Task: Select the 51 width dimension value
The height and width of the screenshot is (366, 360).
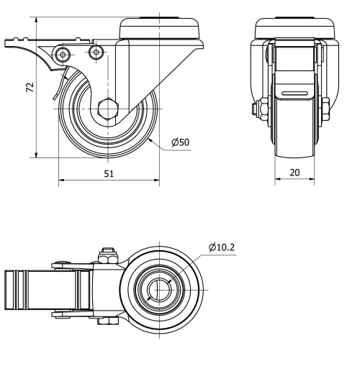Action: coord(107,173)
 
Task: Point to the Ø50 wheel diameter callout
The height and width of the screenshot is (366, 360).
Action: coord(180,142)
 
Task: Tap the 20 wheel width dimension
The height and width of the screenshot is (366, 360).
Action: coord(295,173)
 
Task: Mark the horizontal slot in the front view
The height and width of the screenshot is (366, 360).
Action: coord(295,93)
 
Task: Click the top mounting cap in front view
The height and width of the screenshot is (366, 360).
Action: coord(295,27)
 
